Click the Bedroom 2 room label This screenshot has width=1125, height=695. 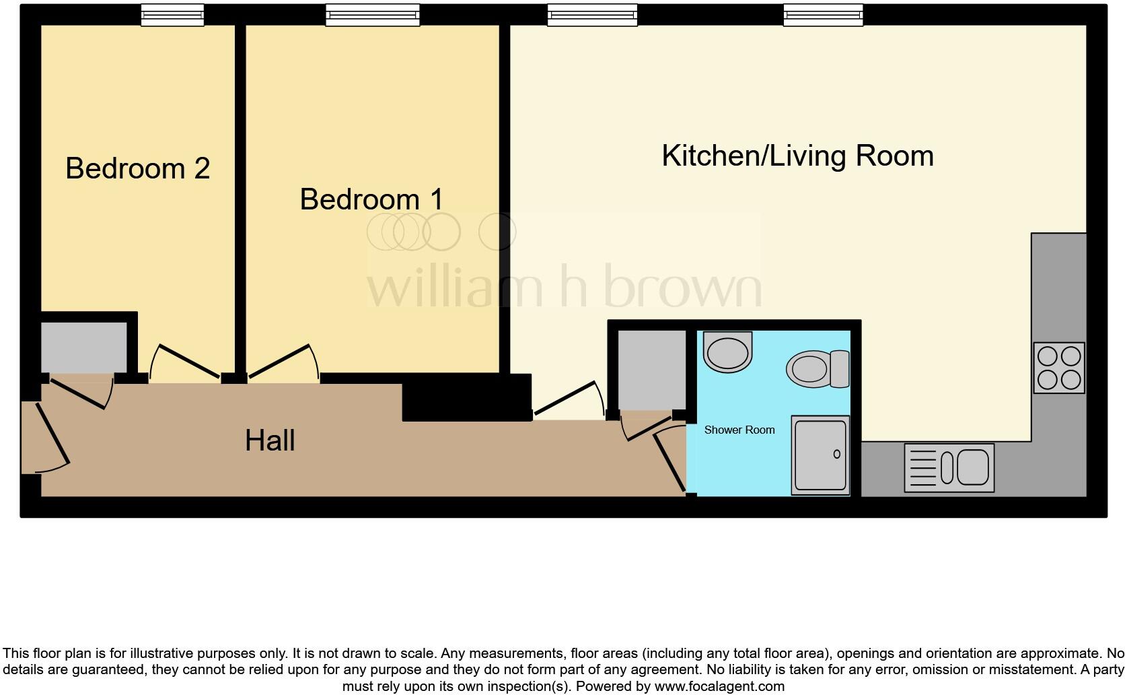pos(137,168)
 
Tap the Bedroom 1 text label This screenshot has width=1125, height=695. pos(371,199)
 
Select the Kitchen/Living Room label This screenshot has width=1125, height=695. pos(797,156)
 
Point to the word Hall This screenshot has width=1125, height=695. pos(270,441)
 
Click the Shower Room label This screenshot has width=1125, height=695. pos(739,430)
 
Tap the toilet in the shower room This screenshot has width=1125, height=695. pos(817,368)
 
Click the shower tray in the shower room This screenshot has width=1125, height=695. pos(820,455)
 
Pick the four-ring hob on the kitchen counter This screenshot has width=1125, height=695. pos(1058,368)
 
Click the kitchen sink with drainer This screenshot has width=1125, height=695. pos(949,467)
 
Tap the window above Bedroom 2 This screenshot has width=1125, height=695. pos(172,15)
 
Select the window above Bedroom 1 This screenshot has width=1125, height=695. pos(372,15)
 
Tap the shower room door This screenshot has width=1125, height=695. pos(669,461)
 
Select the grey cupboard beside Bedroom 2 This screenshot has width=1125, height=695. pos(84,347)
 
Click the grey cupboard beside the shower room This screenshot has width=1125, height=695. pos(651,369)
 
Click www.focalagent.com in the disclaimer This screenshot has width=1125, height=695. pos(719,687)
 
